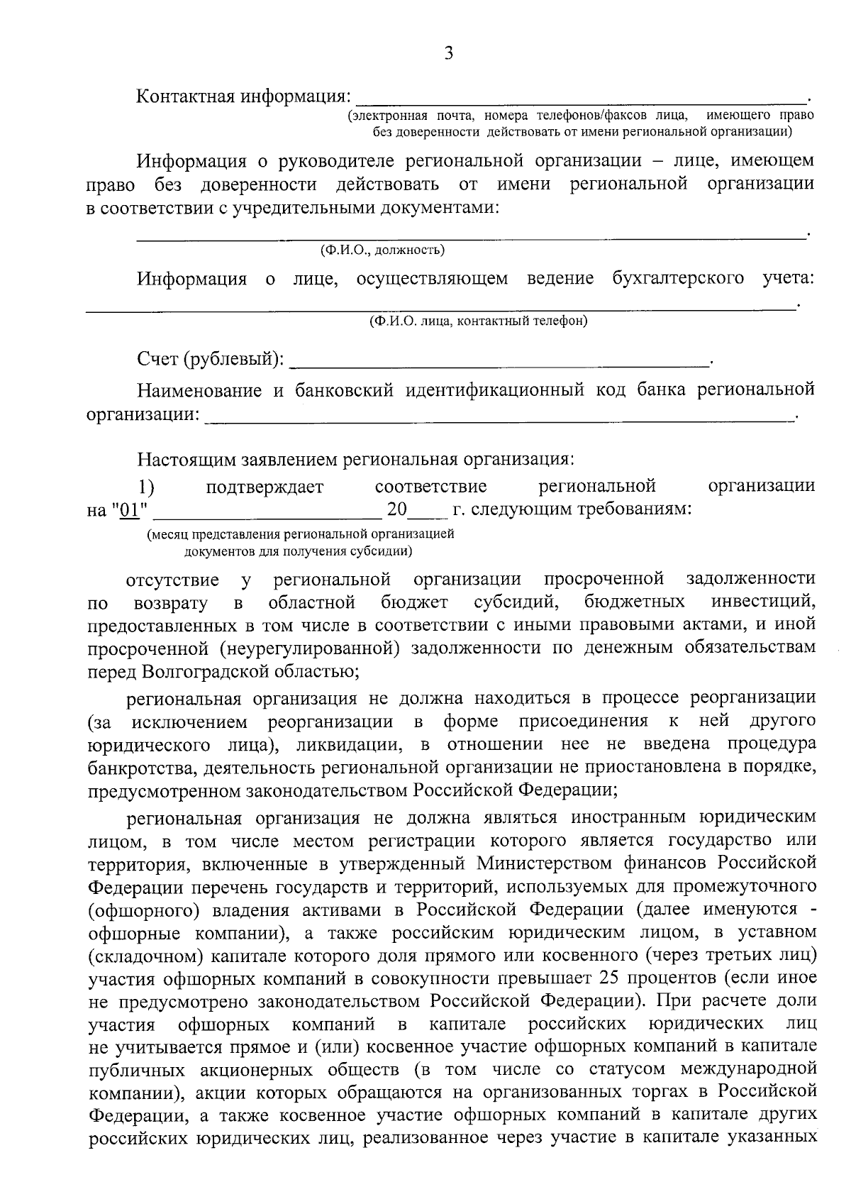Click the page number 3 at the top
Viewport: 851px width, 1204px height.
point(447,54)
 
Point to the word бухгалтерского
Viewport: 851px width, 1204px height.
point(678,278)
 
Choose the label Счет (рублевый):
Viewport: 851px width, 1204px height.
point(210,360)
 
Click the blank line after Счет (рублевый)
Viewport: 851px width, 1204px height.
point(499,363)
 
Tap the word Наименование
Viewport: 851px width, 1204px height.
point(199,390)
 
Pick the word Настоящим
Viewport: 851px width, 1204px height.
point(182,459)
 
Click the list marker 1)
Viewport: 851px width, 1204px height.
point(147,487)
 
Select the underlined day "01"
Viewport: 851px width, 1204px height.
point(129,510)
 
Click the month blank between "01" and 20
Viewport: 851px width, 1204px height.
point(267,512)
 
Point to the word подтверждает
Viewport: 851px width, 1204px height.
point(265,487)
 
